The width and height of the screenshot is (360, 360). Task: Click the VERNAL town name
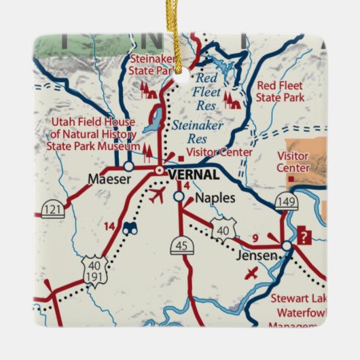click(x=193, y=175)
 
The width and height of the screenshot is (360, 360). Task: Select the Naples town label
click(x=215, y=198)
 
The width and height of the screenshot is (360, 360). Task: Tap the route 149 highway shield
click(x=286, y=201)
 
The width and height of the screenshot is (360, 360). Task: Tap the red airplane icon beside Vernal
click(x=156, y=196)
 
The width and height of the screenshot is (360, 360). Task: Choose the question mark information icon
click(x=305, y=237)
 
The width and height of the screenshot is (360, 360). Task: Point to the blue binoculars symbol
click(x=130, y=228)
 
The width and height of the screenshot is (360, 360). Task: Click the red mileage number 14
click(x=109, y=225)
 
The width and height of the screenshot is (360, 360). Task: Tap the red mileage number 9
click(x=255, y=237)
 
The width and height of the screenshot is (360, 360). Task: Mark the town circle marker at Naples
click(x=179, y=196)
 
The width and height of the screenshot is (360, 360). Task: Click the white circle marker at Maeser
click(x=128, y=166)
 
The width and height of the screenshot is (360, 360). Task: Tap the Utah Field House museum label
click(x=93, y=134)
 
